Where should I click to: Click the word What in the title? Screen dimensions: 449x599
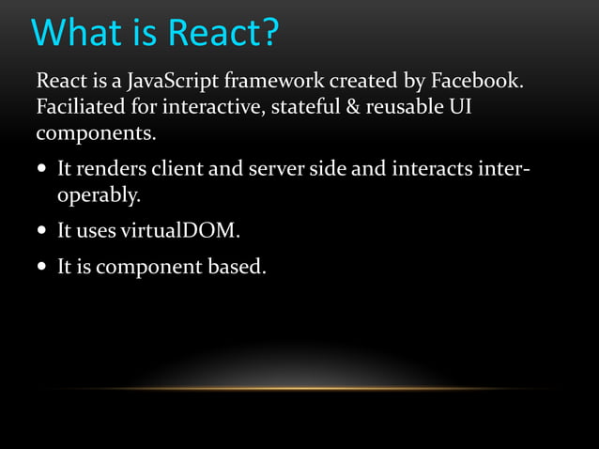pyautogui.click(x=76, y=33)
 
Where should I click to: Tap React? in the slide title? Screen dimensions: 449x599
pyautogui.click(x=223, y=33)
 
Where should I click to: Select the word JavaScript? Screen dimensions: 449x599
pyautogui.click(x=161, y=81)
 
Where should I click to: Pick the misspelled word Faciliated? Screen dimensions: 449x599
pyautogui.click(x=76, y=107)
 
